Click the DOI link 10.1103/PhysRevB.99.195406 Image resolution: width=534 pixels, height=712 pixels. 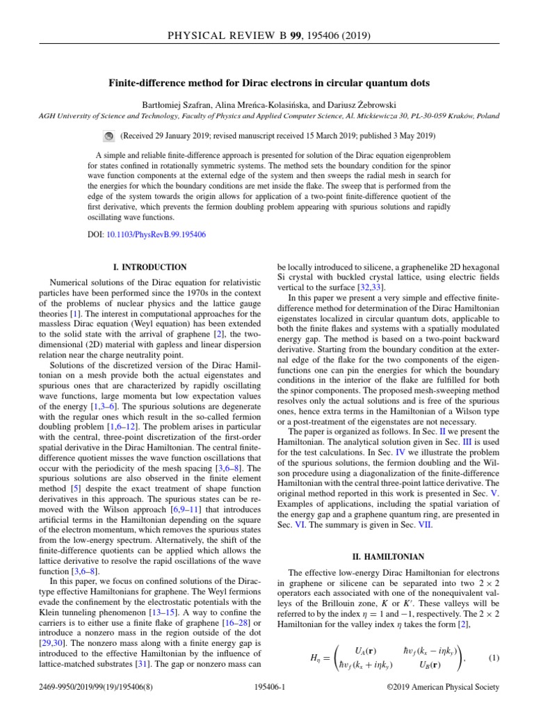tap(156, 234)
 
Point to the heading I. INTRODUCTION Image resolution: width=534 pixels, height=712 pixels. tap(149, 267)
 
